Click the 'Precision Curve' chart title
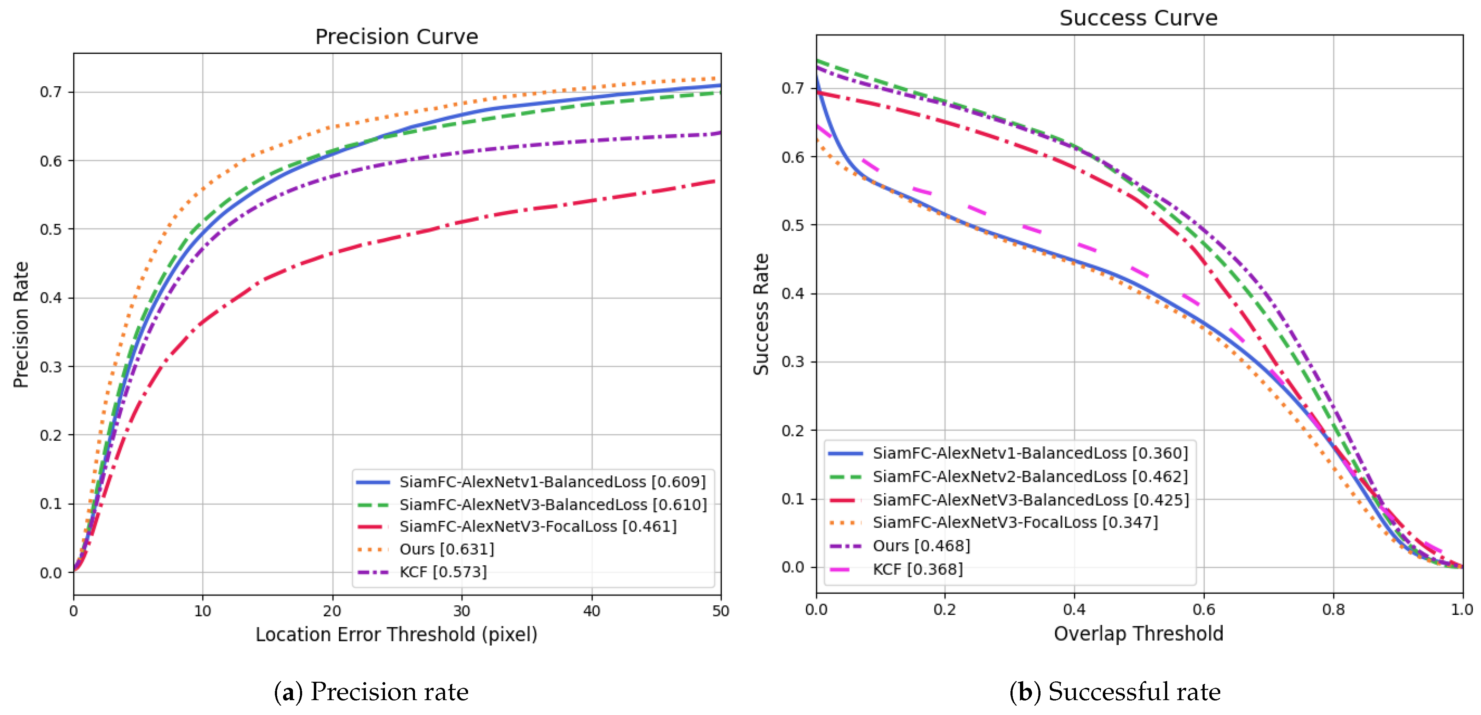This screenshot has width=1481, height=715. (396, 37)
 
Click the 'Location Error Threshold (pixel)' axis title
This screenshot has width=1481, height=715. (396, 634)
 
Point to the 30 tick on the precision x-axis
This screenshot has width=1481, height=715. (462, 610)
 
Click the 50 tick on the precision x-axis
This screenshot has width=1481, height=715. (720, 610)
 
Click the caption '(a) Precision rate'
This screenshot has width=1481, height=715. (371, 691)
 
